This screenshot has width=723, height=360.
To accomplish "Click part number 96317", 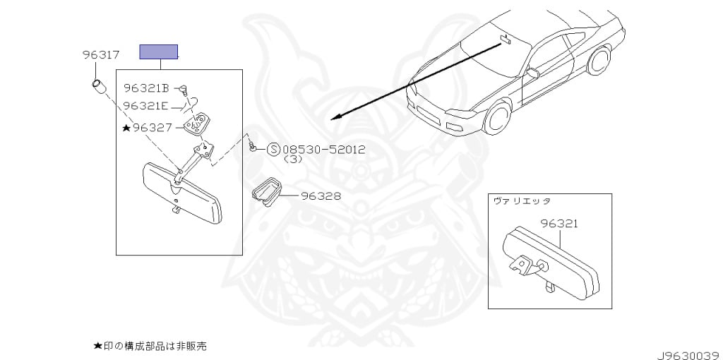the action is click(100, 54).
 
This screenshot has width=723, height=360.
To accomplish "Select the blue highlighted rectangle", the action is click(158, 52).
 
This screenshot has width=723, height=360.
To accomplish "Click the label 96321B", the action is click(146, 88).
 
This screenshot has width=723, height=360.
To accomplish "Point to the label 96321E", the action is click(145, 106).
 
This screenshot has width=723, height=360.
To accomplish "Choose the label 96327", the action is click(152, 128).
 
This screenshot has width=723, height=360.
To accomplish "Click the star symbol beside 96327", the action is click(126, 128).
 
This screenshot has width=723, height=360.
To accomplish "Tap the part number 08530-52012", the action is click(323, 150).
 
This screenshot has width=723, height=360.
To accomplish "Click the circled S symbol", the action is click(273, 150).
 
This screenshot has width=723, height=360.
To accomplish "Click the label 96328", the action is click(321, 196).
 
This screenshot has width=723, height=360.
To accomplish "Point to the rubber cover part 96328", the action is click(265, 191).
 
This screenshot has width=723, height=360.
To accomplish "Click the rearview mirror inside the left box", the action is click(182, 191).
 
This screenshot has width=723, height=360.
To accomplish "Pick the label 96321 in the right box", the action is click(560, 224).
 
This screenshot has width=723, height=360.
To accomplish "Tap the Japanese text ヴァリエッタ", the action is click(522, 201).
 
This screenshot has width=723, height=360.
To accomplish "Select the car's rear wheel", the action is click(599, 61).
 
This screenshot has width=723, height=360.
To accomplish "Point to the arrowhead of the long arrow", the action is click(337, 117).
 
